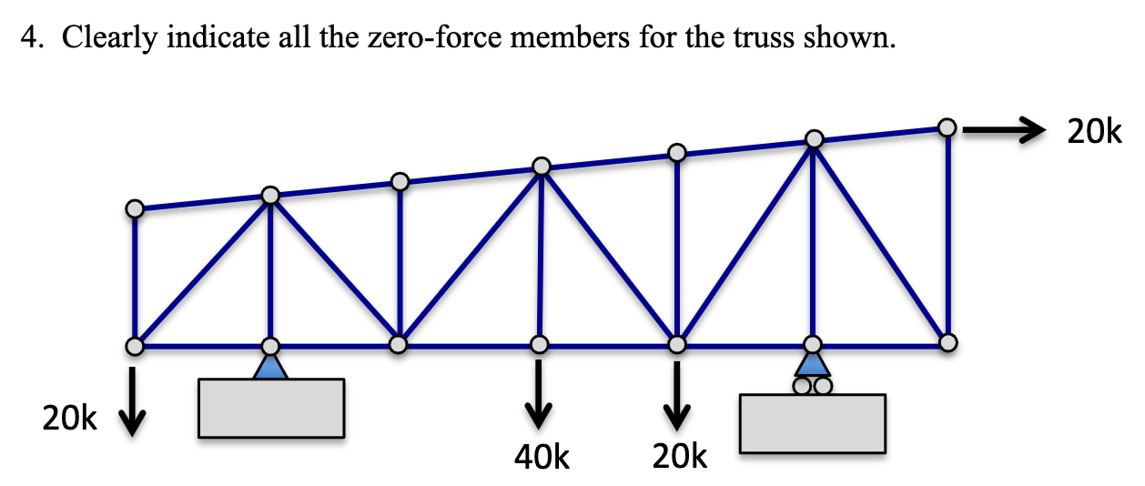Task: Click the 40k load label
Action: (x=542, y=456)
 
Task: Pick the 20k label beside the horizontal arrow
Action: (x=1095, y=133)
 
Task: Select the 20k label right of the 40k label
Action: (x=680, y=456)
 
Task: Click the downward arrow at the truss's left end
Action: (x=133, y=400)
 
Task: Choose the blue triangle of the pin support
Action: (x=270, y=366)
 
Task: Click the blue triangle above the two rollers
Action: (x=813, y=363)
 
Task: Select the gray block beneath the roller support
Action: (x=812, y=423)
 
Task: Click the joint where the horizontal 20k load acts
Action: (x=947, y=128)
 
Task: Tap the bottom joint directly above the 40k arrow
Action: (x=540, y=345)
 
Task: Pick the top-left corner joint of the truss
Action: (x=135, y=209)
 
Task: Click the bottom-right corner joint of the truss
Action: (x=947, y=343)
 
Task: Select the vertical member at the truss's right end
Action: (x=947, y=237)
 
